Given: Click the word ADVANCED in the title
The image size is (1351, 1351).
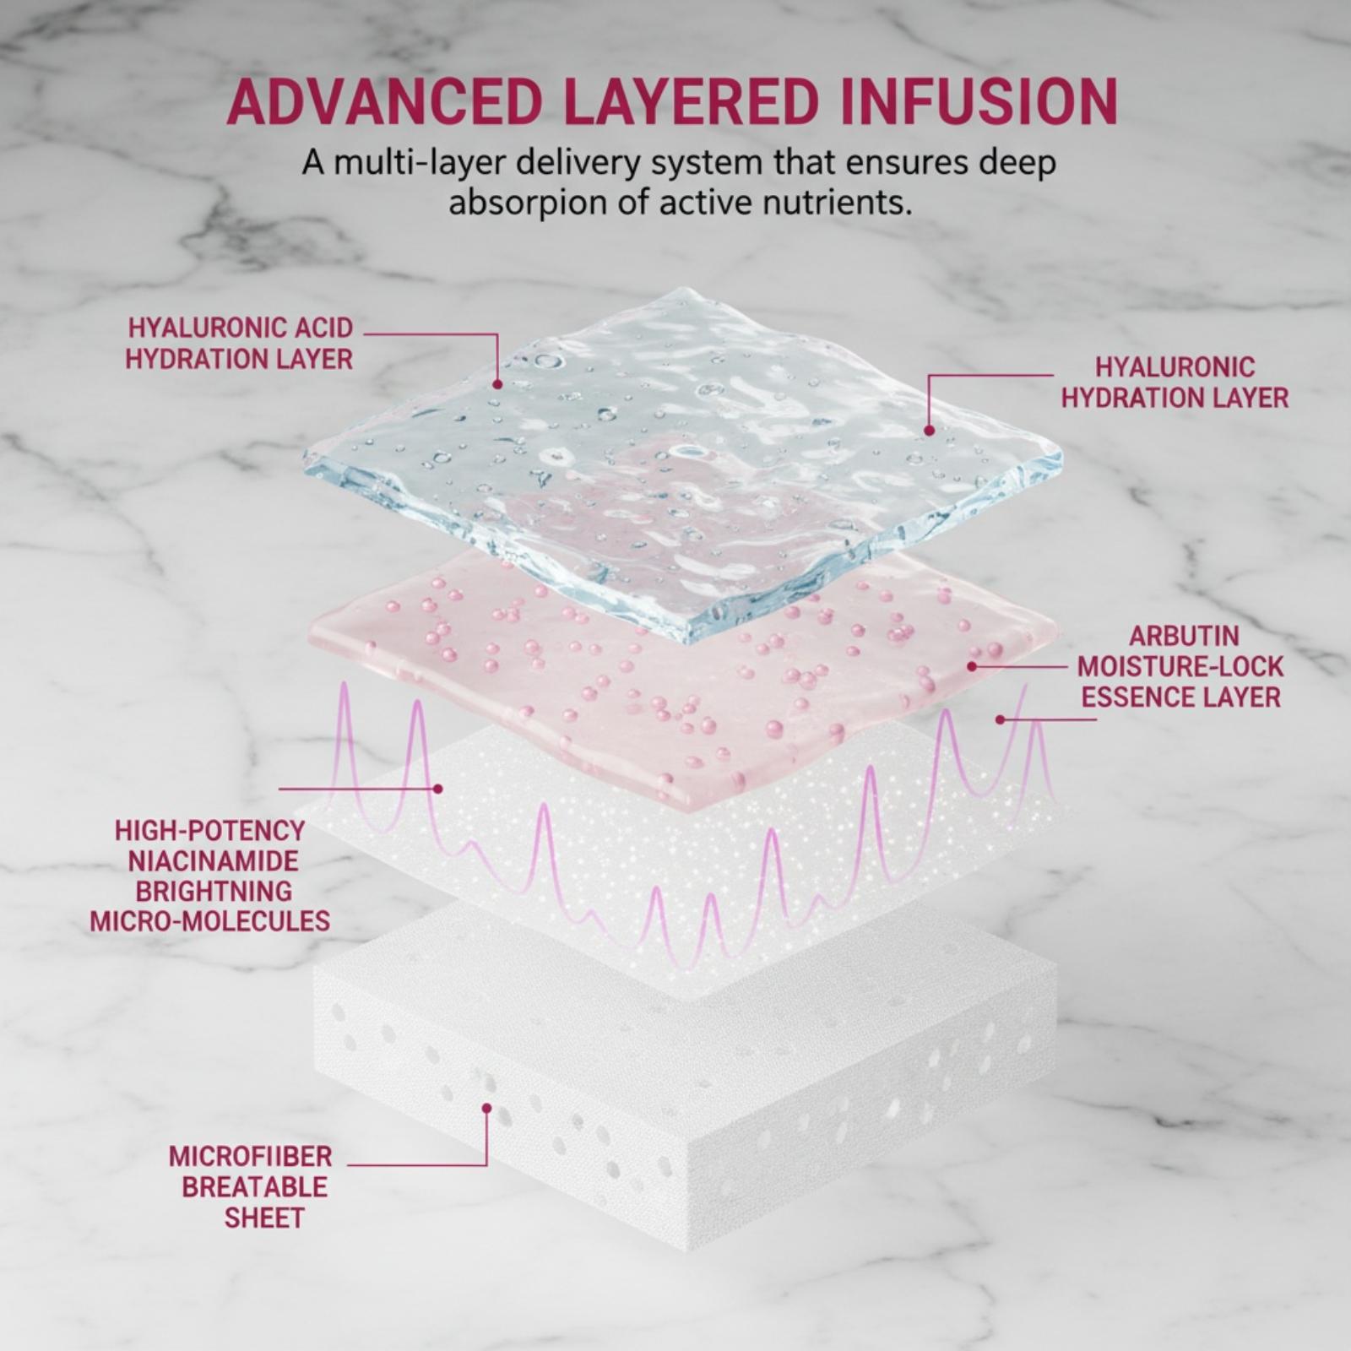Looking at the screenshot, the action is pos(384,102).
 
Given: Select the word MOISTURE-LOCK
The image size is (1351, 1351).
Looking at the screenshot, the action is pos(1180,667).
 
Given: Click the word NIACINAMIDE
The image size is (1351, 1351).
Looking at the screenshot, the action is pos(214,860).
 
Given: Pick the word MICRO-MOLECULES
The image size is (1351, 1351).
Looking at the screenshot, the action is pos(210,920).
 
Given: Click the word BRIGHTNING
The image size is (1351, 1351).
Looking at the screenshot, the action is pos(214,891).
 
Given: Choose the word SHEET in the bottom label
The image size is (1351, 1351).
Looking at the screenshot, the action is pos(264,1218).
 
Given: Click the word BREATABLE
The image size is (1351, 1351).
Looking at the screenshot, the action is pos(254,1186).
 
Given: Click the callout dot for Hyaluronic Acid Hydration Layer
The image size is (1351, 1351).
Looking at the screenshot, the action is pos(497,384).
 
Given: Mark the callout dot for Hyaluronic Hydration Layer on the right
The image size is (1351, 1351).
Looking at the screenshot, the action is pos(929,431).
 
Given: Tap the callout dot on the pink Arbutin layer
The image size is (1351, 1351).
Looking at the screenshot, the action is pos(972,666).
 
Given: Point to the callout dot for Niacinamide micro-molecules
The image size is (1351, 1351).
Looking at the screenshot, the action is pos(437,789).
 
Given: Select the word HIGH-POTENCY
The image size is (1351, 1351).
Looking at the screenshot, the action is pos(209,830).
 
